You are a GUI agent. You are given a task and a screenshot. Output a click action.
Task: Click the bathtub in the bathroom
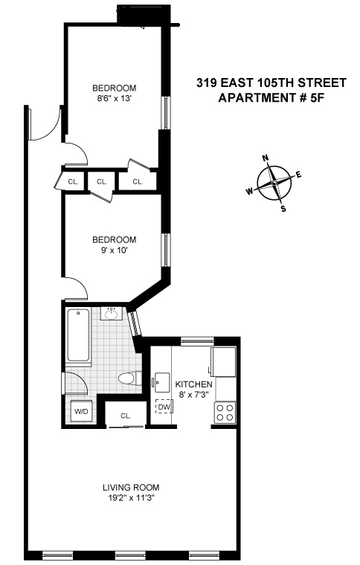point(78,335)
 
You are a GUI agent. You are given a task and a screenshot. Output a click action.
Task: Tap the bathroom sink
point(111,314)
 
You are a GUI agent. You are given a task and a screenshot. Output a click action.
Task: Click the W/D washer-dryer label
point(81,412)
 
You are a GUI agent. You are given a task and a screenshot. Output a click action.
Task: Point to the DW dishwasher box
point(164,407)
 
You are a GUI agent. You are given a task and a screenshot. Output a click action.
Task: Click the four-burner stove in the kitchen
point(225,413)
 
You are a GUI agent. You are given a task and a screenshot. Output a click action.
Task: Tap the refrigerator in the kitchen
point(223,362)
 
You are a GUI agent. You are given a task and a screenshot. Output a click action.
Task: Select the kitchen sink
point(161,383)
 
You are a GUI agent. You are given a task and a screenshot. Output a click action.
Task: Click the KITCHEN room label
point(193,384)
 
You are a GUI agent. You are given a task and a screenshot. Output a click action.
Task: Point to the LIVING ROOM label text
point(131,488)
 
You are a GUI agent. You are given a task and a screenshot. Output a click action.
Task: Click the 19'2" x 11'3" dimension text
point(131,498)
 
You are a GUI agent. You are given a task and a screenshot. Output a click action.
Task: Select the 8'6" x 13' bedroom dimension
point(115,98)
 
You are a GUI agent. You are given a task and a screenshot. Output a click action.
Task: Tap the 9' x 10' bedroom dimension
point(115,250)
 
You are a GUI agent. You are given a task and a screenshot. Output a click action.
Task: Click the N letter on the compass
point(266,158)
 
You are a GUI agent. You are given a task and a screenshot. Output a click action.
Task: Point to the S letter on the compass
point(283,208)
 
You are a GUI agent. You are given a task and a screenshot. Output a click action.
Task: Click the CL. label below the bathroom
point(126,416)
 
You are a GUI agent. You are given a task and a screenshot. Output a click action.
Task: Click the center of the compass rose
point(274,183)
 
